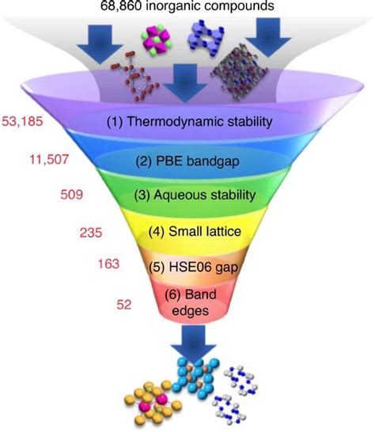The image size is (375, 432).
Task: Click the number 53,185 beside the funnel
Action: (x=22, y=121)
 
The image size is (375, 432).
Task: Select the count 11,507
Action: (x=49, y=159)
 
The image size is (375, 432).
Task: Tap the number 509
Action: (x=72, y=195)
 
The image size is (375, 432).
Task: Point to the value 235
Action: (x=91, y=233)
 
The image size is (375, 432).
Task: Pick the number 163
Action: (x=108, y=263)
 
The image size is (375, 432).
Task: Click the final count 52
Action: (x=124, y=305)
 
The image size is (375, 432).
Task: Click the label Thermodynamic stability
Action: (x=189, y=122)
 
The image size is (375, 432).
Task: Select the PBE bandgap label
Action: (x=187, y=161)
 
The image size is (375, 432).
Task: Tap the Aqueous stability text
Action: (x=195, y=195)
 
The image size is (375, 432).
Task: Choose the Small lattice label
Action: (x=195, y=231)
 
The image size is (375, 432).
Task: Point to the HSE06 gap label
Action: (x=193, y=267)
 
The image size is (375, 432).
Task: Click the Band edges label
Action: (x=190, y=302)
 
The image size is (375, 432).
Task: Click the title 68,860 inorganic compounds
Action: (x=187, y=6)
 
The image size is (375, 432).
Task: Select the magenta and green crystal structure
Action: (x=156, y=41)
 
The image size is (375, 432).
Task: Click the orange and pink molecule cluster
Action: (x=153, y=403)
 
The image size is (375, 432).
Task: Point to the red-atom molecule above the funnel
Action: (x=135, y=78)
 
